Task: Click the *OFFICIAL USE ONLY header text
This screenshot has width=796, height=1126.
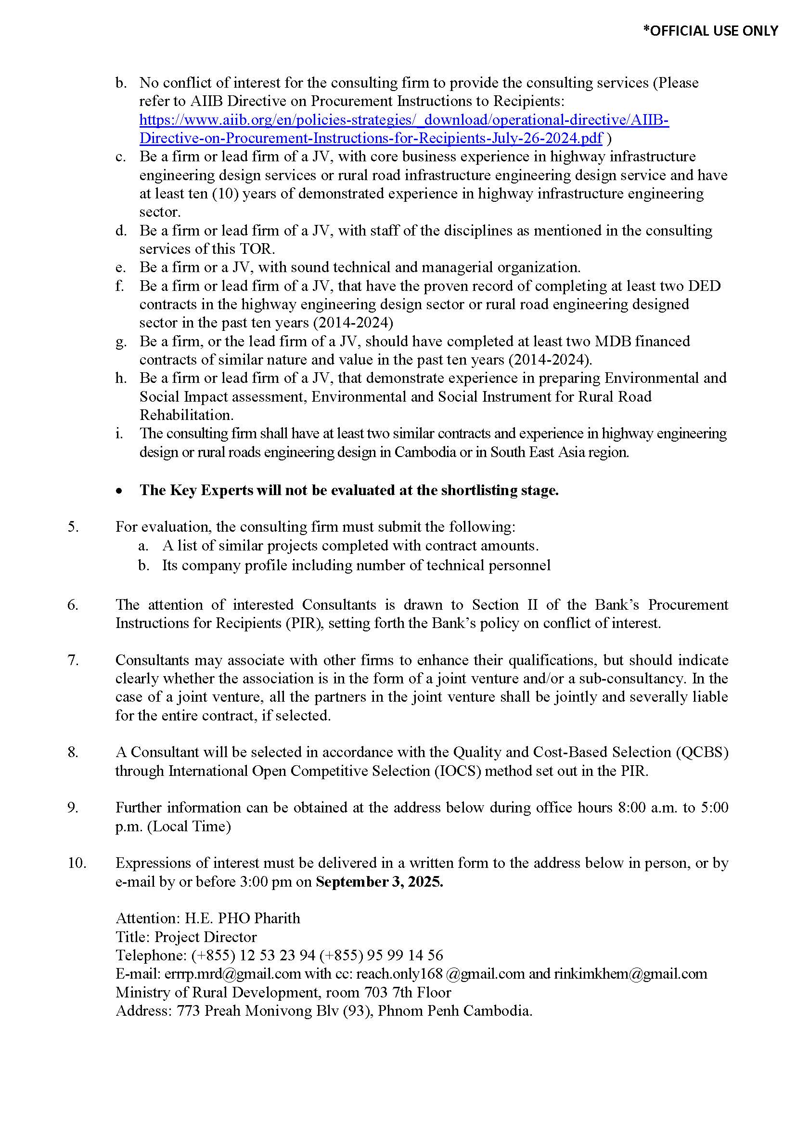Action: [x=710, y=31]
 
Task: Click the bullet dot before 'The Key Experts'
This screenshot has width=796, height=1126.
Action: [x=119, y=491]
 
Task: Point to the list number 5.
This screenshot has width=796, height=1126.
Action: [x=73, y=527]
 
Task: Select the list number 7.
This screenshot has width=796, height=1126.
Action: [x=73, y=660]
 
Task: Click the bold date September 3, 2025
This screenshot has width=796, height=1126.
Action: [x=379, y=882]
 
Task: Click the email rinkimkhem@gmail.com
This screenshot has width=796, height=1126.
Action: [x=630, y=973]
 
